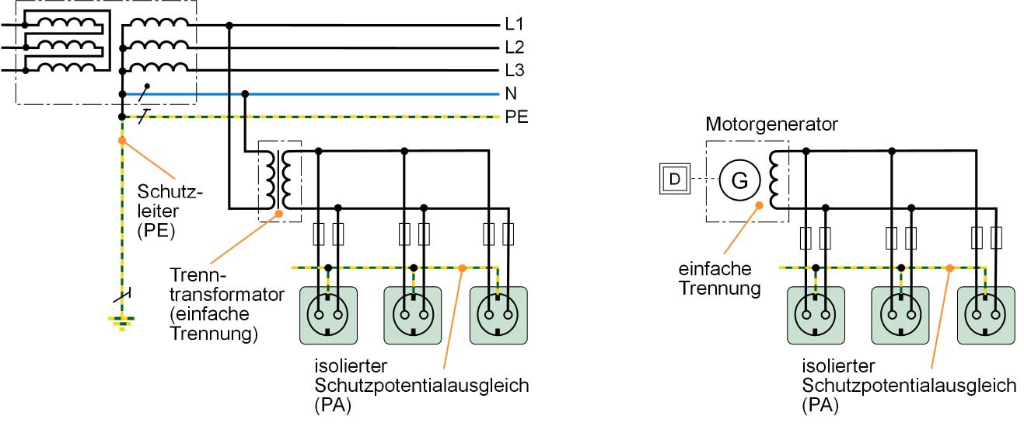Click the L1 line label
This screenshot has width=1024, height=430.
pos(514,25)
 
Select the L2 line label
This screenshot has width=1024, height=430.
pos(514,47)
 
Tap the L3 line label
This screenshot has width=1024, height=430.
pos(514,71)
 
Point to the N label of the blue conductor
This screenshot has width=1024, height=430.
pos(511,94)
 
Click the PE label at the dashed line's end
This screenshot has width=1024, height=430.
pos(516,117)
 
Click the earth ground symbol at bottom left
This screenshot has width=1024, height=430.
pos(121,320)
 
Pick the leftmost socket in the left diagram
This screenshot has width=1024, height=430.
pos(328,315)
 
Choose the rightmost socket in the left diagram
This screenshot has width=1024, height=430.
pos(498,315)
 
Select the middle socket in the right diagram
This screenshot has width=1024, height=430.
pos(900,315)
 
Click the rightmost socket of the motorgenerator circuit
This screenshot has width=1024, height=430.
pos(986,315)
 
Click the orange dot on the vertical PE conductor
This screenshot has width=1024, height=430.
pos(121,142)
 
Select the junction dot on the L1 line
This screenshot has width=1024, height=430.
pos(229,25)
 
